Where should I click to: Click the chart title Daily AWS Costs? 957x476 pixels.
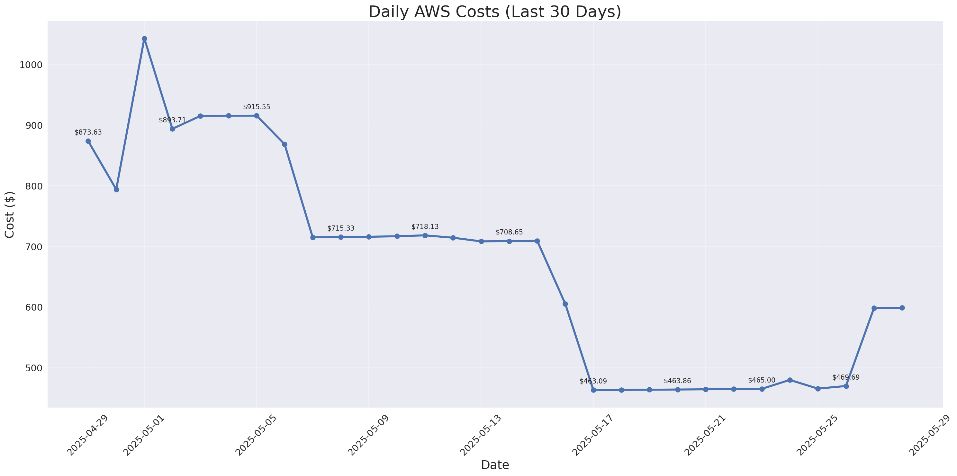[x=494, y=12]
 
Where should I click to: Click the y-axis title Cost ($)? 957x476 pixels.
[x=10, y=215]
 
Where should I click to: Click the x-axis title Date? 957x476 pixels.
[x=495, y=465]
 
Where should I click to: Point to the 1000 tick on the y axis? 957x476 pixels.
[x=31, y=65]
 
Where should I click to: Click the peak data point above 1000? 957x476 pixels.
[x=145, y=39]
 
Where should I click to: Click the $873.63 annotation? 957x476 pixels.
[x=88, y=133]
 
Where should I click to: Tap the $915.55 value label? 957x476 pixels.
[x=257, y=107]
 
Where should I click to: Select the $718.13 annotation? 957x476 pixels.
[x=425, y=227]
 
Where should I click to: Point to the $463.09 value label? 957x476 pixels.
[x=593, y=381]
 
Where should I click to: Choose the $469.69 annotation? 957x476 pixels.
[x=846, y=378]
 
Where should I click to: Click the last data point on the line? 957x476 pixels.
[x=902, y=308]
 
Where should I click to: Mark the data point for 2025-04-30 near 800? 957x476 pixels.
[x=116, y=190]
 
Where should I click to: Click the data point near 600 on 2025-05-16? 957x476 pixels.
[x=565, y=304]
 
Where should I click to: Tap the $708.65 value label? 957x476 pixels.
[x=509, y=233]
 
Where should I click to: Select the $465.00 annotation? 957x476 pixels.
[x=762, y=381]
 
